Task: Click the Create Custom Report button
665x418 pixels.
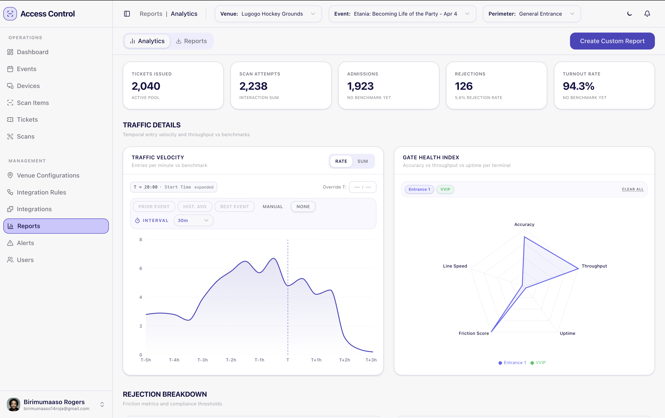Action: click(612, 41)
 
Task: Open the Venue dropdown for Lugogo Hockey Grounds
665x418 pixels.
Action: click(268, 14)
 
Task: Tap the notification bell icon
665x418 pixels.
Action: click(647, 14)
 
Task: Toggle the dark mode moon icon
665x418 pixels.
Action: click(629, 14)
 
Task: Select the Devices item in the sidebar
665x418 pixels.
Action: click(28, 86)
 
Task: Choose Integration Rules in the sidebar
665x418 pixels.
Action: click(41, 192)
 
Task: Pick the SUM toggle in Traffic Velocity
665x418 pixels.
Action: click(362, 161)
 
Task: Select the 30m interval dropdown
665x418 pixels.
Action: click(193, 220)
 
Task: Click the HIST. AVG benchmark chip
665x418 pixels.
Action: click(195, 207)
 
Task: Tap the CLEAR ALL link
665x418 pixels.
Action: click(632, 189)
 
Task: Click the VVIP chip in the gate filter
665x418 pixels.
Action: click(445, 189)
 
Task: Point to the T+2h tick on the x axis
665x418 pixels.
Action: click(344, 360)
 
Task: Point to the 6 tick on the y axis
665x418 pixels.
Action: click(141, 268)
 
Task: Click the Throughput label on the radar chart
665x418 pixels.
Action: click(594, 266)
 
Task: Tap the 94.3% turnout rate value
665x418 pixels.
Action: click(578, 86)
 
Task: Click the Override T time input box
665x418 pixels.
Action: click(362, 187)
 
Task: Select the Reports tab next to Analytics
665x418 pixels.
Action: click(191, 41)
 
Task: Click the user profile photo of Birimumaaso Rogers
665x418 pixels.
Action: click(13, 404)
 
